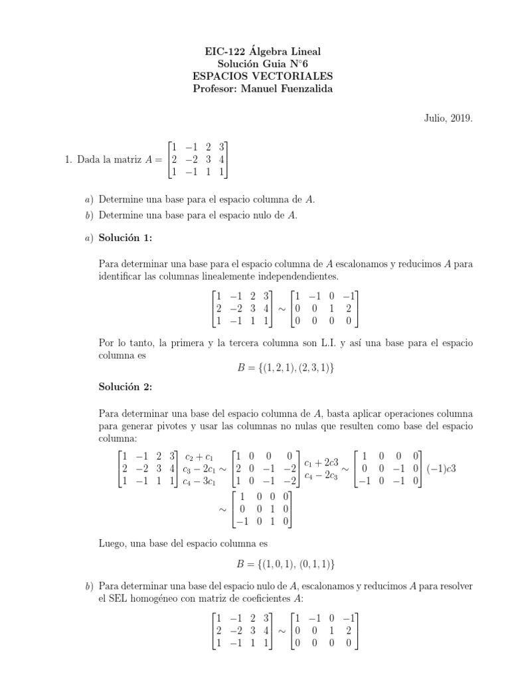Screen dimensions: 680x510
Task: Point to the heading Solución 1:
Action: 125,236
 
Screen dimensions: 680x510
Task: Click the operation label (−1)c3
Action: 440,469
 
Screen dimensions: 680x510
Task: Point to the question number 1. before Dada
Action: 69,160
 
